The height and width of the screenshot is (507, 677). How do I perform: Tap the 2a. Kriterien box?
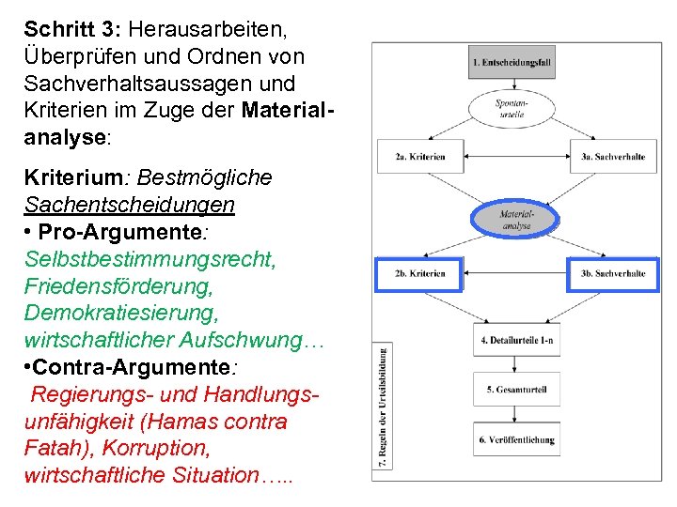point(420,157)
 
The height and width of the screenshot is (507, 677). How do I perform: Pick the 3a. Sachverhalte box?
point(613,157)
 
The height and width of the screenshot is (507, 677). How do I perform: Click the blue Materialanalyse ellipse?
point(515,221)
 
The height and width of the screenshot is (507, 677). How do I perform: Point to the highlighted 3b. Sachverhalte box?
point(613,273)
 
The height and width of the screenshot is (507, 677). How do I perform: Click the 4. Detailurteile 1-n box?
point(517,339)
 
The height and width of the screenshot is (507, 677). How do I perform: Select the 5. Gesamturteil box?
point(517,389)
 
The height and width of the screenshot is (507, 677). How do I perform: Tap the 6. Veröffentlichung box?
point(517,439)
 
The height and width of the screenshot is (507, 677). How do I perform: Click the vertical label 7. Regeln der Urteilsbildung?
point(385,404)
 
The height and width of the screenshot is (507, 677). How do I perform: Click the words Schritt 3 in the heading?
point(64,29)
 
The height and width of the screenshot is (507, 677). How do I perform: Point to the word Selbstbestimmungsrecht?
point(150,258)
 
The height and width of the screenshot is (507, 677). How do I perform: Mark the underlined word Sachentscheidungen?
point(130,204)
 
